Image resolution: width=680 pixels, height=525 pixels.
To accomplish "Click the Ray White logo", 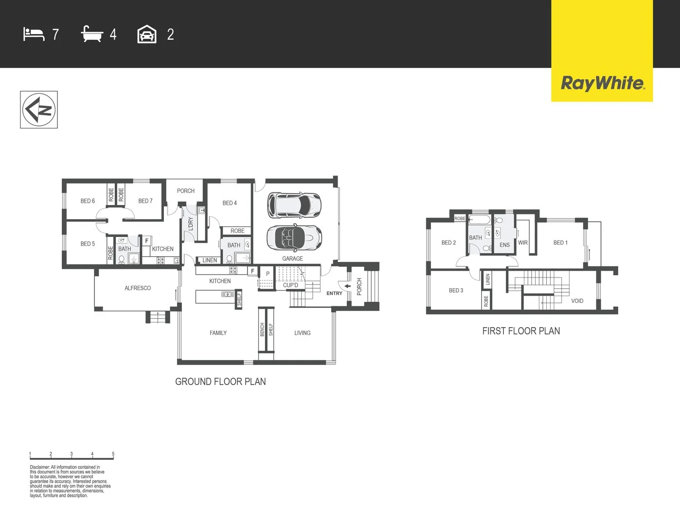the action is [602, 84].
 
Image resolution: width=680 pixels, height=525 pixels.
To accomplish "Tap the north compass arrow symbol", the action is [39, 109].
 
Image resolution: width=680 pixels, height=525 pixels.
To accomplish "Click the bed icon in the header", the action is [34, 35].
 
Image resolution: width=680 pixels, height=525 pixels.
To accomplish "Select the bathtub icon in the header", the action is [92, 34].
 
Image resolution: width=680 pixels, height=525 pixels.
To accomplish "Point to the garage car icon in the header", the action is [147, 34].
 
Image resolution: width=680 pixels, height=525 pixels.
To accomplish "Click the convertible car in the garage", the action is [294, 237].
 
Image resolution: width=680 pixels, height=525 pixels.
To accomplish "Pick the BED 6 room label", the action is [88, 201].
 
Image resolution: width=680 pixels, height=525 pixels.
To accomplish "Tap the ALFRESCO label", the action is [138, 288].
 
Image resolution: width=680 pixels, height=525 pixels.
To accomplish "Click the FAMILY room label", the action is [218, 333].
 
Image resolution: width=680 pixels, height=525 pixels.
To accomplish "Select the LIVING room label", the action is [302, 333].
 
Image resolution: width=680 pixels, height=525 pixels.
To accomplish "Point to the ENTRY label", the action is [334, 293].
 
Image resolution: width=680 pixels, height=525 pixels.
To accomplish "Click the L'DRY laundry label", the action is [191, 224].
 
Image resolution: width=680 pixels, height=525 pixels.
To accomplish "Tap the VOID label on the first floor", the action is [577, 301].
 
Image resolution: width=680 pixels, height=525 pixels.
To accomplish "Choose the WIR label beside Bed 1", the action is [523, 243].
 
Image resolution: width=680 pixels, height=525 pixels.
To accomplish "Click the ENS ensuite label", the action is [505, 245].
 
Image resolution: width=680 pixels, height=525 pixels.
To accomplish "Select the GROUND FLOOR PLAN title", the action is [220, 382].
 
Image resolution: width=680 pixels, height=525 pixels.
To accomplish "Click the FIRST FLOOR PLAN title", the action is [521, 331].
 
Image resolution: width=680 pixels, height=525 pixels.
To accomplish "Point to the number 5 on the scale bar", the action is [113, 454].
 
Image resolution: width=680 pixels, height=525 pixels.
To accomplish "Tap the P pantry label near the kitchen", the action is [268, 274].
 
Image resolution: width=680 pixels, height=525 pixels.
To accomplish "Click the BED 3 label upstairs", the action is [456, 291].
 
